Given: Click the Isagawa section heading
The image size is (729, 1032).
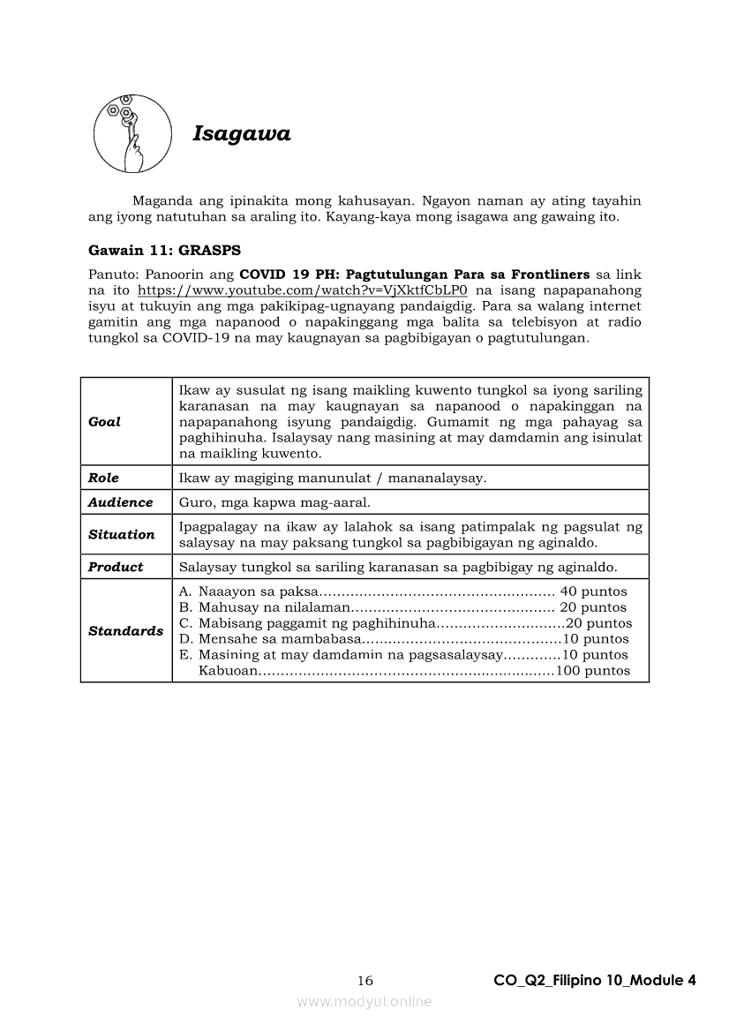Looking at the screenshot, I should click(242, 134).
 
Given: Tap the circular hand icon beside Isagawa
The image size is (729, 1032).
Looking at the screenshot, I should click(132, 133).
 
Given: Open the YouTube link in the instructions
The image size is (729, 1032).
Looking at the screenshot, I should click(302, 290).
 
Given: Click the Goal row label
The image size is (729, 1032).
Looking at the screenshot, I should click(105, 422).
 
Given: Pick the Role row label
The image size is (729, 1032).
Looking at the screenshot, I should click(103, 478).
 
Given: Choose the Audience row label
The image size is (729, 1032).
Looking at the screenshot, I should click(121, 502).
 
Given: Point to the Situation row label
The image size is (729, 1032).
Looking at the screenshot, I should click(122, 535).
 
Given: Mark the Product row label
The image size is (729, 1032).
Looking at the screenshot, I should click(116, 567).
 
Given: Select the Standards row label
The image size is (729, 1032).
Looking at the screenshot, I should click(126, 631).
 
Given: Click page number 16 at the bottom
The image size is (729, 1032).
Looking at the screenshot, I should click(365, 981).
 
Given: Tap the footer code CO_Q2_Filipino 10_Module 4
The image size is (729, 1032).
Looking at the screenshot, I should click(595, 981).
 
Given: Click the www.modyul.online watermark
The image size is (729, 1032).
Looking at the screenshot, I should click(364, 1002).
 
